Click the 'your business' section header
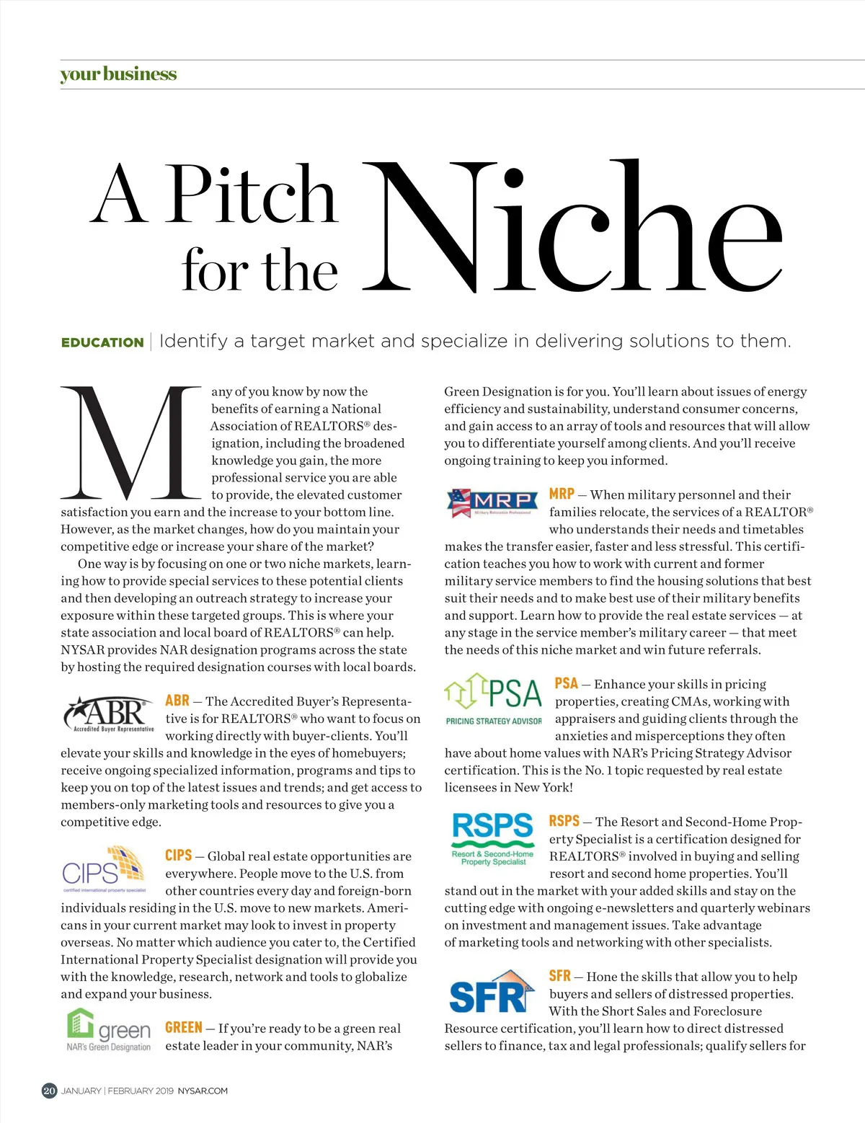click(118, 74)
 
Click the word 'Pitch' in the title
click(252, 194)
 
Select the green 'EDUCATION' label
click(102, 342)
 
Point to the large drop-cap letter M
click(130, 443)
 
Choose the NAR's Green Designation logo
click(110, 1031)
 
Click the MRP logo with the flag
click(493, 502)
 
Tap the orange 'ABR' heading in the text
click(177, 701)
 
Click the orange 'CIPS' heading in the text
click(178, 856)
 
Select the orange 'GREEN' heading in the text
click(183, 1028)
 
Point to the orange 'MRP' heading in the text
click(562, 494)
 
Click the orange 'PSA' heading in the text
click(566, 683)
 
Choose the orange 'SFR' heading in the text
click(559, 976)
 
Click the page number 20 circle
click(49, 1091)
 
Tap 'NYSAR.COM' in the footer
click(203, 1091)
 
